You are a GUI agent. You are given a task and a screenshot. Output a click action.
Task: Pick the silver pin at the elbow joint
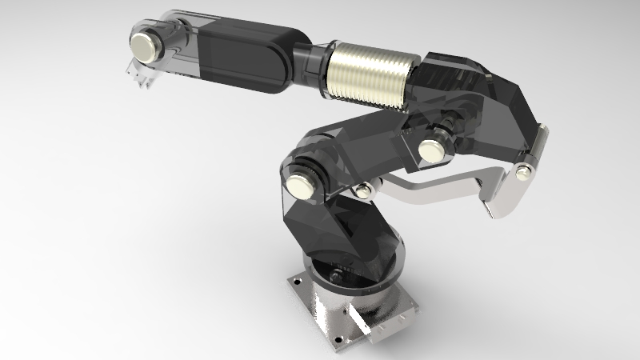[x=432, y=150]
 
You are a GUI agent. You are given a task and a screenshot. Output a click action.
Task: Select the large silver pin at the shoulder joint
[x=304, y=185]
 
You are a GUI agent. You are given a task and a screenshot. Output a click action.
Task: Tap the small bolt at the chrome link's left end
[x=364, y=189]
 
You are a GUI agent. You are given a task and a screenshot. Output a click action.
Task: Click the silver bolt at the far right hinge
[x=524, y=170]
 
